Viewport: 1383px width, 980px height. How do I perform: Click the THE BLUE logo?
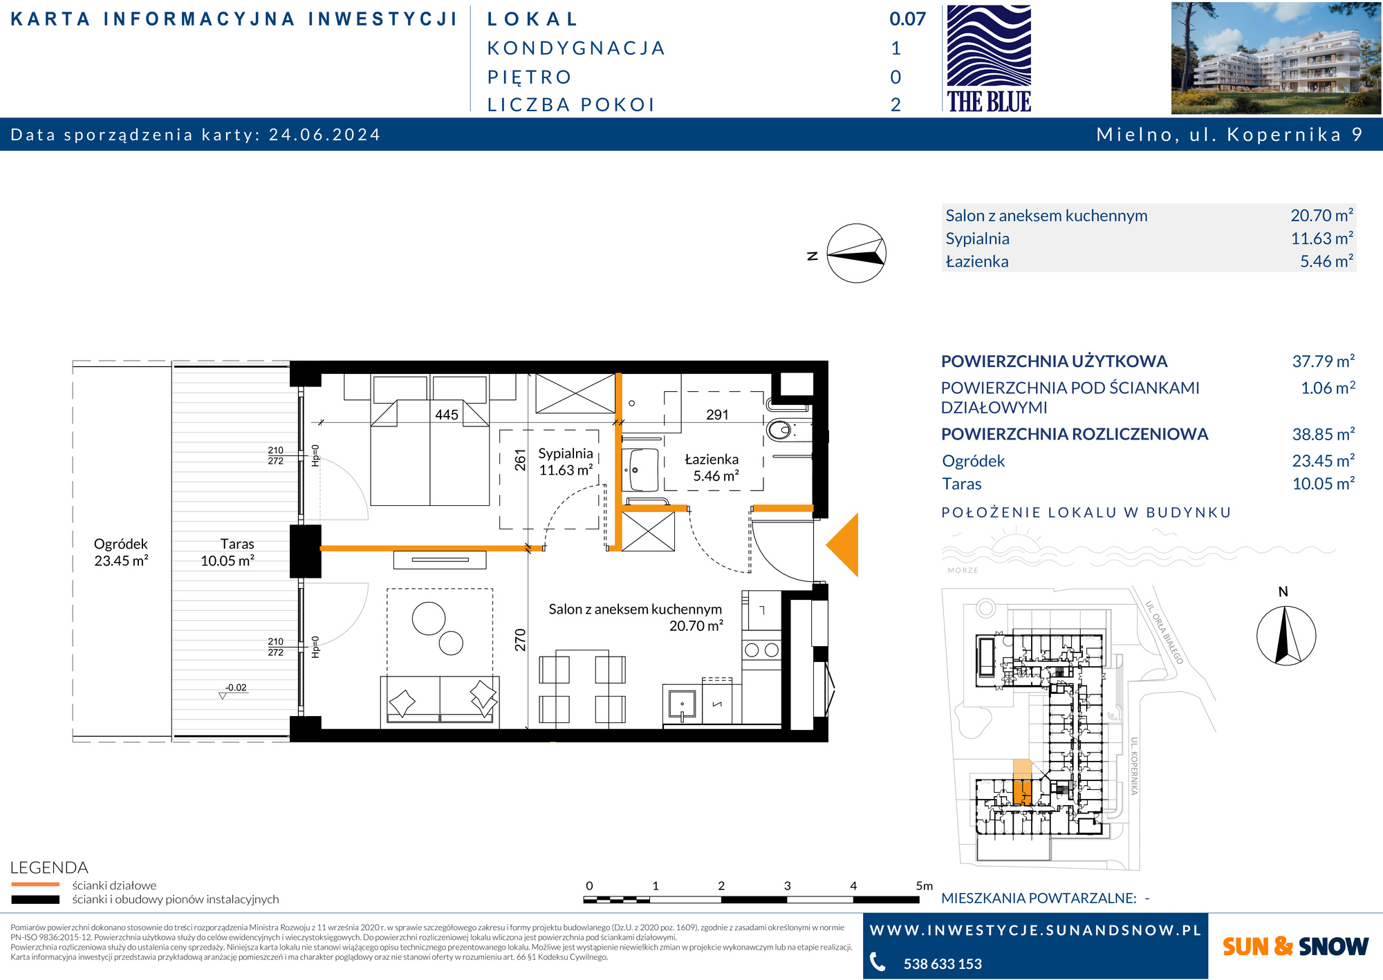(989, 59)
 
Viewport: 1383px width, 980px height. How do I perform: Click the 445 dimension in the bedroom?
(446, 415)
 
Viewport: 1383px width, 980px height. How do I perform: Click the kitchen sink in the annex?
(683, 704)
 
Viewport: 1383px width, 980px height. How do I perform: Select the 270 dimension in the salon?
(521, 640)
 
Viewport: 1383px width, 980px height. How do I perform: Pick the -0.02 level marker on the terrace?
(236, 688)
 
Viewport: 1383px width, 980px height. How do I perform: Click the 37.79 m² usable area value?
(1324, 361)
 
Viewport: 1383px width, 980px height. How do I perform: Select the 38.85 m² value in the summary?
(1324, 434)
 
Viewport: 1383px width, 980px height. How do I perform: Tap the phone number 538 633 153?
(943, 963)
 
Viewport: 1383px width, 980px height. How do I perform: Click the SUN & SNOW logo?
(1295, 946)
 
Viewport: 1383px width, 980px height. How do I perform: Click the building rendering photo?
(1276, 58)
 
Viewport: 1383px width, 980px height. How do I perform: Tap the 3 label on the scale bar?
(787, 885)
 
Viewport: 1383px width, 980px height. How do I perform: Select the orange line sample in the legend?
(35, 885)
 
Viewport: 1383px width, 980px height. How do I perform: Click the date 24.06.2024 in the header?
(324, 134)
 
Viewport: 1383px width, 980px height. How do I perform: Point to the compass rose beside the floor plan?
(856, 253)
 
